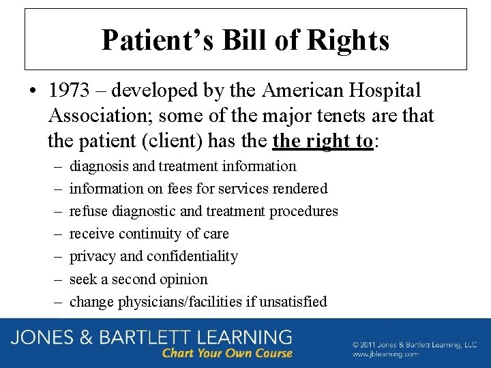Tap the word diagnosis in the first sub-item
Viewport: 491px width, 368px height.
(98, 166)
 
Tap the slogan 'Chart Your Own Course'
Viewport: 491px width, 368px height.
(227, 353)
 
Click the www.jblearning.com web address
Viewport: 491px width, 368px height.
(386, 354)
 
